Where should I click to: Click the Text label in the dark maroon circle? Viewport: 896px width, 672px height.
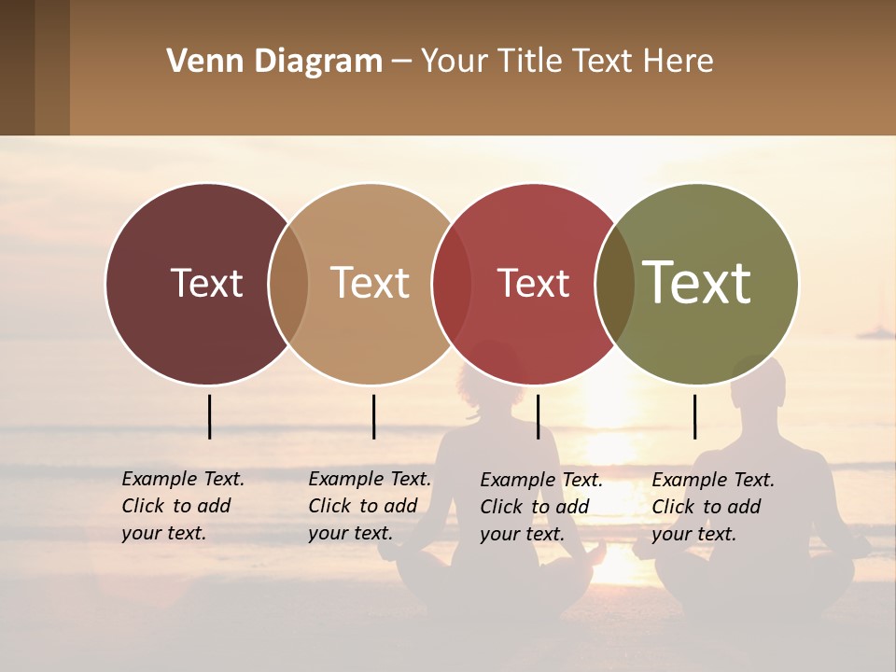pyautogui.click(x=206, y=283)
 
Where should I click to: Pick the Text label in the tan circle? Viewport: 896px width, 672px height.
pyautogui.click(x=370, y=283)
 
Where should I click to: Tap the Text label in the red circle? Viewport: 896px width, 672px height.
pyautogui.click(x=533, y=283)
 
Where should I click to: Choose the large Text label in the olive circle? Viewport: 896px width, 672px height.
pyautogui.click(x=696, y=283)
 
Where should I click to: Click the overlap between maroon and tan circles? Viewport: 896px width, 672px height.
pyautogui.click(x=288, y=283)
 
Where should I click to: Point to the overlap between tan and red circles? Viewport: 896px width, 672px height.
pyautogui.click(x=452, y=283)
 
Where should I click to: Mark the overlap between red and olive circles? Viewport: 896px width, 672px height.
pyautogui.click(x=615, y=283)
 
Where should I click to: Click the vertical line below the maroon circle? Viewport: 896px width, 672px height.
pyautogui.click(x=210, y=416)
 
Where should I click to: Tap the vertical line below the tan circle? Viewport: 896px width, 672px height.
pyautogui.click(x=373, y=416)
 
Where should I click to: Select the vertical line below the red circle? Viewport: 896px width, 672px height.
pyautogui.click(x=538, y=416)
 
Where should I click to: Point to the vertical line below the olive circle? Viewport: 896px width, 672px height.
pyautogui.click(x=694, y=416)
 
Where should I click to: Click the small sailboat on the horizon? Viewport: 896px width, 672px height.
pyautogui.click(x=877, y=329)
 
